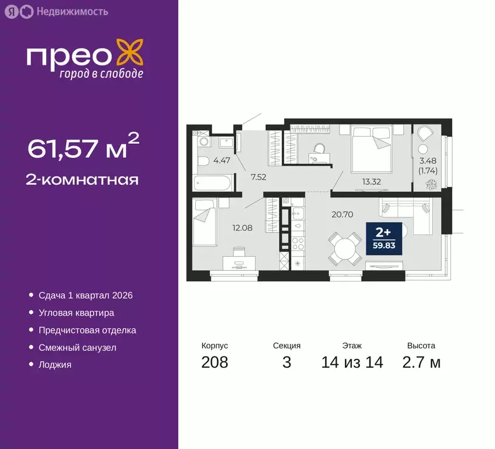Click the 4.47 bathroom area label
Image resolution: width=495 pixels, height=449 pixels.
[220, 159]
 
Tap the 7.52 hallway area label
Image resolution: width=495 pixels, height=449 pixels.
[258, 177]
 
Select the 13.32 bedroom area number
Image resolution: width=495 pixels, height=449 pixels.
[371, 181]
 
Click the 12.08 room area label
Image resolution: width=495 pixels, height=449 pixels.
[243, 227]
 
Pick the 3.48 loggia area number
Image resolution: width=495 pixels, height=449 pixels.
[428, 161]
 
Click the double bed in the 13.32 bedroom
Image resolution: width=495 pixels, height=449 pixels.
[371, 149]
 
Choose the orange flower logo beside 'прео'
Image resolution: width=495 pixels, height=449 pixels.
[130, 51]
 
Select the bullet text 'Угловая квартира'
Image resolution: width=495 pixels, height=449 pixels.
[76, 313]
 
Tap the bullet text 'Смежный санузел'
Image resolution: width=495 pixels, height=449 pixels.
[77, 347]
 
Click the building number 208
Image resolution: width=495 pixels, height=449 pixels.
[214, 362]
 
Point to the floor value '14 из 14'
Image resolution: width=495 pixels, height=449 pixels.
[352, 362]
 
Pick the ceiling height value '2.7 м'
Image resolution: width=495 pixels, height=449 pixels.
[421, 362]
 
